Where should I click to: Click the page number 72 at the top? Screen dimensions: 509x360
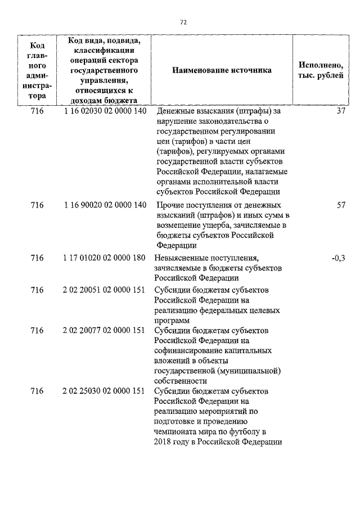[183, 22]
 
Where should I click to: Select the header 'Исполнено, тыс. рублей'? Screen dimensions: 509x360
[321, 70]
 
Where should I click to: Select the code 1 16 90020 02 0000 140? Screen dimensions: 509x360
[105, 205]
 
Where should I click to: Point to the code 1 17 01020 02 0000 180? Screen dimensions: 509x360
[105, 258]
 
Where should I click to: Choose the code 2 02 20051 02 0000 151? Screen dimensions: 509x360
[105, 290]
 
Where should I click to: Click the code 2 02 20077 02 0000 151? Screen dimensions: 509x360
[105, 331]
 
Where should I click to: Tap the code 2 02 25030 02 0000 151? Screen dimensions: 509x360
[105, 391]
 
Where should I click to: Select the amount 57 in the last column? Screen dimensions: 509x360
[340, 205]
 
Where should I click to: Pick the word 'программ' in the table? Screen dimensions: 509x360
[171, 320]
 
